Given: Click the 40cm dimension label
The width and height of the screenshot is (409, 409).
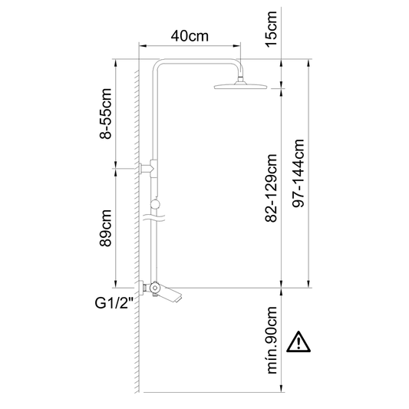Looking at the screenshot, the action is pos(190,36).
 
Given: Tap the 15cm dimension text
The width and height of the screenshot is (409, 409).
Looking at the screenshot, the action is pos(271,29).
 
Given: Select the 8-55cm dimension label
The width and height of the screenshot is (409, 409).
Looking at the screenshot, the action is pos(106,114).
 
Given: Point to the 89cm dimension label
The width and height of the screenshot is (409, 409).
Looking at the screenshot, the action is pos(106,228).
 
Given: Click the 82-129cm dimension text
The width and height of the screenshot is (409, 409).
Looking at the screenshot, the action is pos(271,188).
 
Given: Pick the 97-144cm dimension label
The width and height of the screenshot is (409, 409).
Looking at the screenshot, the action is pos(299,173).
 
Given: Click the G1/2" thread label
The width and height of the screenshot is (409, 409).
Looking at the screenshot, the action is pos(114,303).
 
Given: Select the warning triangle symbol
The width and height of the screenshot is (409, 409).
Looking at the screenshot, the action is pos(299,342).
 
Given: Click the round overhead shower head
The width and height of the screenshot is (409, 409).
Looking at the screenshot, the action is pos(240,86).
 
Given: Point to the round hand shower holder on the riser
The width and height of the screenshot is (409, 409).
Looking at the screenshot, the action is pos(155,204).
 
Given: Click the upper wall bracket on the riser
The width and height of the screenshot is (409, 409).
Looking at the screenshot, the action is pos(147,169).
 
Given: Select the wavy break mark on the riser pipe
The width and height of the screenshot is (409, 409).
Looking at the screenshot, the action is pos(154,217).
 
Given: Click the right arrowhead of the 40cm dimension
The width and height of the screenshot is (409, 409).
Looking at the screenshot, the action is pos(236,46).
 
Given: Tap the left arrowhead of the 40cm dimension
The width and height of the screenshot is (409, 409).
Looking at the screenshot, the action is pos(143,46).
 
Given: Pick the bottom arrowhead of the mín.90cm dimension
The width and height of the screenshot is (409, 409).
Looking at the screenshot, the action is pos(281,388).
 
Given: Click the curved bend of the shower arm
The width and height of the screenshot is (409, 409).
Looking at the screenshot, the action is pos(157,64).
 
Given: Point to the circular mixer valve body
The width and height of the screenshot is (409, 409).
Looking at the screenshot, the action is pos(155,288).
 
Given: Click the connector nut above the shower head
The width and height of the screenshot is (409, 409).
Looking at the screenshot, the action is pos(240,78).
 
